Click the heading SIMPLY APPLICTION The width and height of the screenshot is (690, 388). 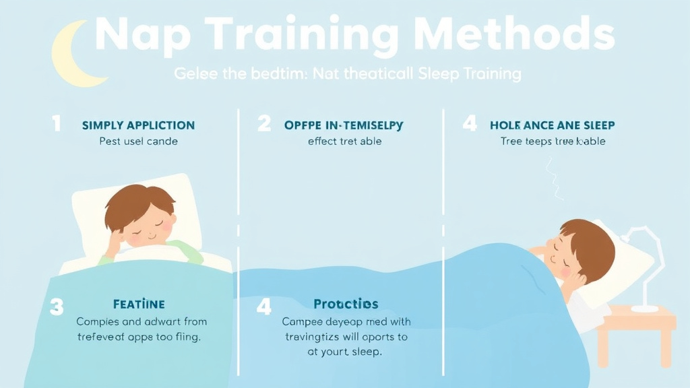pos(138,125)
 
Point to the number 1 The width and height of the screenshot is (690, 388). pos(57,124)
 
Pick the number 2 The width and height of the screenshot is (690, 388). pos(263,124)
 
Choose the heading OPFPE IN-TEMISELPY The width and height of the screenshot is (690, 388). pos(344,125)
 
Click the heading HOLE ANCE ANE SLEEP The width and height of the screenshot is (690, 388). pos(552,125)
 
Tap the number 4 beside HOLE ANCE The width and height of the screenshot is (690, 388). pos(470,124)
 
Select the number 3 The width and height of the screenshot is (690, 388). pos(57,307)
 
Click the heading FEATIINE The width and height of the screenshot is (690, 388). pos(139,304)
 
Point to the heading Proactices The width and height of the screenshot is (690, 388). pos(346,304)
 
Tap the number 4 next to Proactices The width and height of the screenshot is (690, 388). pos(263,307)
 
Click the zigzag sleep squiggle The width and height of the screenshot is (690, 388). pos(554,178)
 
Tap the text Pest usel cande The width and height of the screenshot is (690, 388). pos(138,141)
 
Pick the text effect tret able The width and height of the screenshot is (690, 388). pos(344,141)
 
